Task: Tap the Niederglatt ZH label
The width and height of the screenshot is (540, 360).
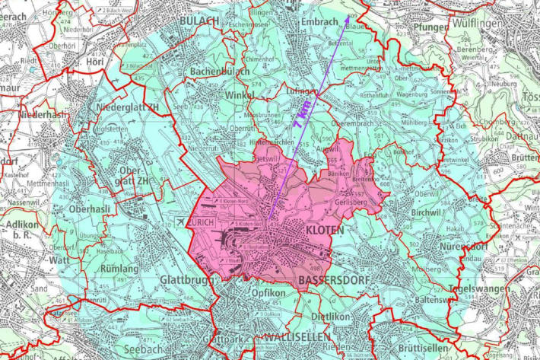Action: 129,107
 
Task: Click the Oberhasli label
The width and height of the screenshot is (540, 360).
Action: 91,209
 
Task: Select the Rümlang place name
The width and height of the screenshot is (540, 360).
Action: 119,269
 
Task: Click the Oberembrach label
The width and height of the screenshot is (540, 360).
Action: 354,122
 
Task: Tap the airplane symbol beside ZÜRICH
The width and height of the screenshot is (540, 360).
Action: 179,221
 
